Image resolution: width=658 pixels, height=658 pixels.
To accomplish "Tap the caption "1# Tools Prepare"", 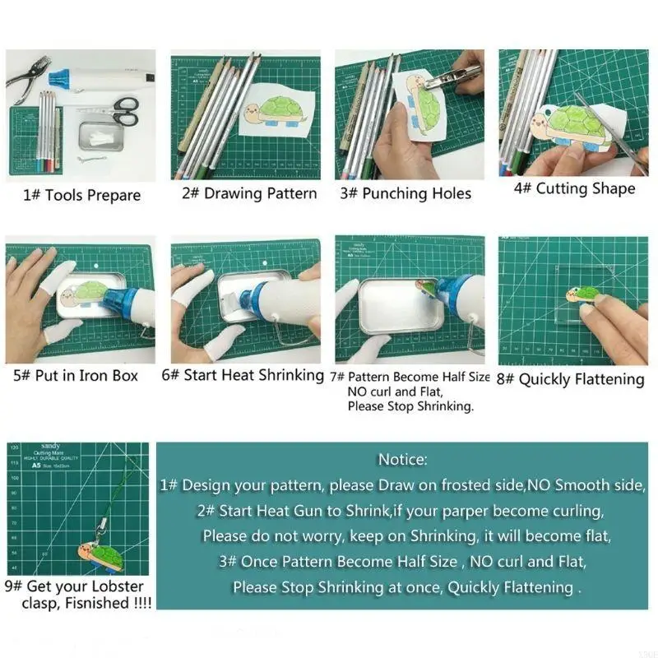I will tap(81, 195).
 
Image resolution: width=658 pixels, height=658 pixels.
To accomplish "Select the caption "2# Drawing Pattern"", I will tap(249, 194).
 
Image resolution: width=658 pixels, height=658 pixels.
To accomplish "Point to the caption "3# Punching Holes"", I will tap(406, 194).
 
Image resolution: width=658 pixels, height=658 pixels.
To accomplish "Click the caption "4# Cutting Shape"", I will tap(574, 188).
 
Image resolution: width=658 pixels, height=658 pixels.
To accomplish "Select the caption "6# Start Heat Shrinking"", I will tap(243, 375).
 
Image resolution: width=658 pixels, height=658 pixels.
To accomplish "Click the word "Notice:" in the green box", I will tap(402, 459).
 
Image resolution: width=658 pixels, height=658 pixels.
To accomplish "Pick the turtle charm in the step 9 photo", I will tap(100, 556).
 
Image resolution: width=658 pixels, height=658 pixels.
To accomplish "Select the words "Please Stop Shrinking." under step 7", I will tap(410, 406).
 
